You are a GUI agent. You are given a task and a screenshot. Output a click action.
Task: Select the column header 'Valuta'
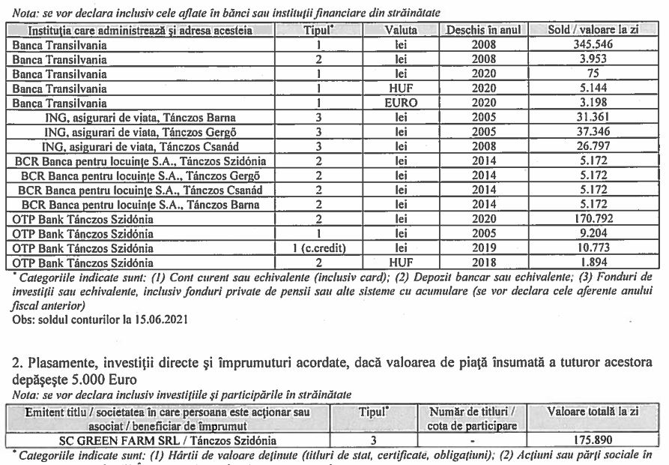point(401,31)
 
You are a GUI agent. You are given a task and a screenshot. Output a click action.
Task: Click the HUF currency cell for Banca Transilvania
point(401,88)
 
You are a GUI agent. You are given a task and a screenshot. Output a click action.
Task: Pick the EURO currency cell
point(401,103)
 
